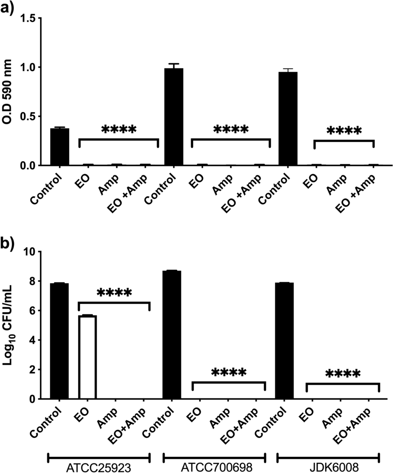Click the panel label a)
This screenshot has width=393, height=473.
click(x=9, y=9)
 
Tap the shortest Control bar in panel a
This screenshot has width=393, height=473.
click(x=60, y=147)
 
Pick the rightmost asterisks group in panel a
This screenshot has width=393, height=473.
click(x=344, y=131)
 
